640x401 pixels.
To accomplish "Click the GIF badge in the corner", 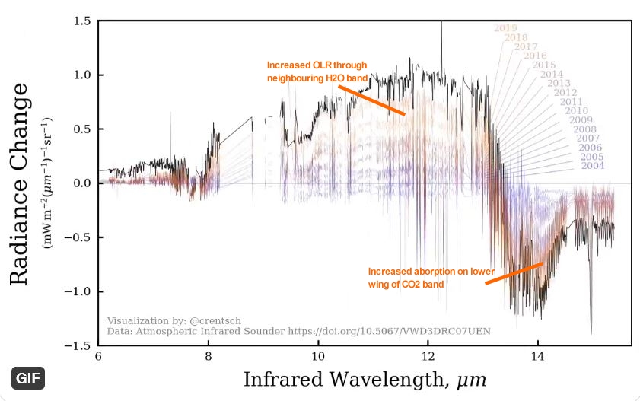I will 28,377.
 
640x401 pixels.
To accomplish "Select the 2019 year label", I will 505,28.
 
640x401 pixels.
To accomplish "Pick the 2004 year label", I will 593,166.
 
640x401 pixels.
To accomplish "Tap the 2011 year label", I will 571,102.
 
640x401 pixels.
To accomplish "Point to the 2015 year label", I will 543,65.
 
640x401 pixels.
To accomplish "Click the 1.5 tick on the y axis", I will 82,21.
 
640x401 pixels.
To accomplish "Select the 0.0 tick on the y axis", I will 82,183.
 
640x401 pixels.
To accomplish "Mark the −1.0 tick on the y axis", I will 79,291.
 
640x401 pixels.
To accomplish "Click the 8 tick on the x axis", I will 209,356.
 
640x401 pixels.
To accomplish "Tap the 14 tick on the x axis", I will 539,356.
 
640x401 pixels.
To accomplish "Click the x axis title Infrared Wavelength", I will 365,378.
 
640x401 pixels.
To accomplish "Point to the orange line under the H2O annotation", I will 371,100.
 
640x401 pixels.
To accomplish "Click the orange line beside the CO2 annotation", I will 514,273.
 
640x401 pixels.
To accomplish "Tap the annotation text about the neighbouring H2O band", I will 311,72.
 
